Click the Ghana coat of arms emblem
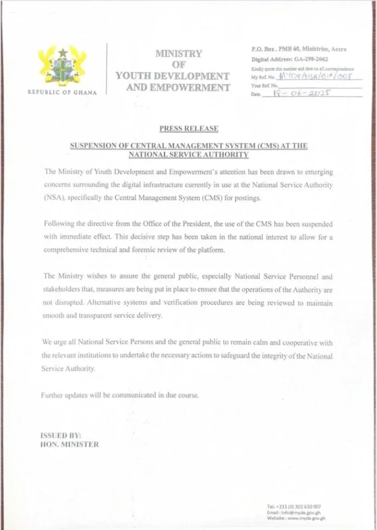pyautogui.click(x=62, y=65)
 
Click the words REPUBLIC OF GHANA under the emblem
pyautogui.click(x=62, y=93)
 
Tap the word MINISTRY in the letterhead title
pyautogui.click(x=178, y=54)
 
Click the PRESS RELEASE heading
pyautogui.click(x=188, y=129)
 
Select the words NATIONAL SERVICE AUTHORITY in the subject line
pyautogui.click(x=188, y=155)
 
